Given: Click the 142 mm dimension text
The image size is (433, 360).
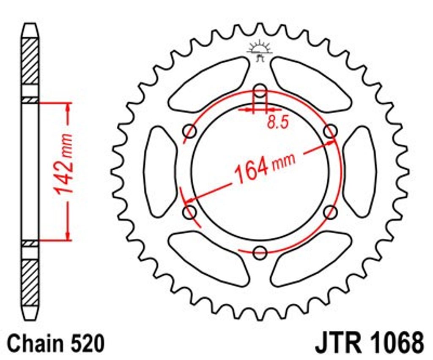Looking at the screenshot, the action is [x=63, y=164].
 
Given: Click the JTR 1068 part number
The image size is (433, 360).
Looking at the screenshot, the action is [x=370, y=344].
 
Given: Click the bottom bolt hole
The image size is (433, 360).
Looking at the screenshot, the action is [x=260, y=252].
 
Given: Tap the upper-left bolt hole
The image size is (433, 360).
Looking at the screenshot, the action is [x=190, y=131].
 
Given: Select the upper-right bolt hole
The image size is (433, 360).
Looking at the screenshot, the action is [x=330, y=131].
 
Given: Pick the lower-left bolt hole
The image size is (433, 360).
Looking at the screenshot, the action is [x=190, y=212].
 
